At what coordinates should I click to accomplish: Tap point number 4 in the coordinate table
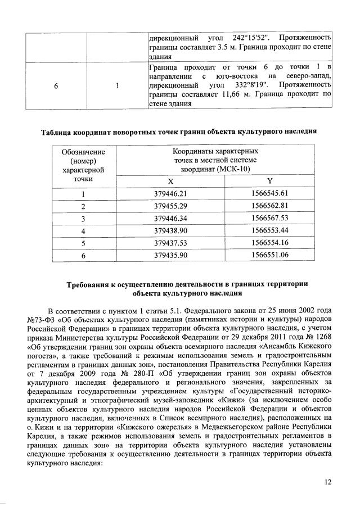coord(83,231)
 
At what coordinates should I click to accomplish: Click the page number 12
coord(328,482)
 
